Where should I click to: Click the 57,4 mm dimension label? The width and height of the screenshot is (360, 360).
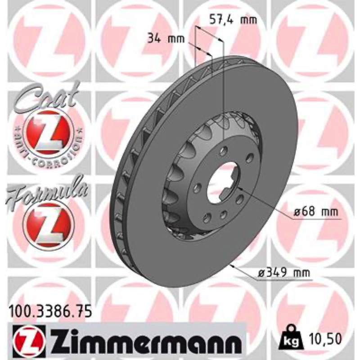pyautogui.click(x=233, y=20)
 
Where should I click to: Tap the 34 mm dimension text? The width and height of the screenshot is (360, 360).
pyautogui.click(x=166, y=38)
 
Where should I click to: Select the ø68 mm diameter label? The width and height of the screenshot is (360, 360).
pyautogui.click(x=316, y=211)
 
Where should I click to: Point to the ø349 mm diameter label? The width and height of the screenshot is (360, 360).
pyautogui.click(x=284, y=273)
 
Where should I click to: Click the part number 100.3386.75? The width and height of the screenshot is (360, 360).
pyautogui.click(x=50, y=312)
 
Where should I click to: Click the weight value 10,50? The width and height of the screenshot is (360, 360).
pyautogui.click(x=324, y=338)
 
